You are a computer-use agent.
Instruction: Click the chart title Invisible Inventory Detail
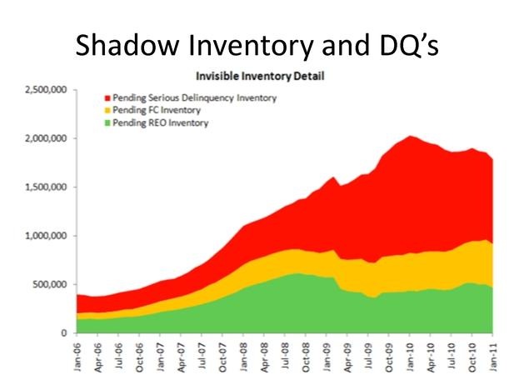(x=260, y=77)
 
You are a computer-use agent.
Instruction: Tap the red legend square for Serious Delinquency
(x=107, y=98)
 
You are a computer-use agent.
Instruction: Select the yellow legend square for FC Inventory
(x=107, y=110)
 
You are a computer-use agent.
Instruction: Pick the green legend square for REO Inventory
(x=107, y=123)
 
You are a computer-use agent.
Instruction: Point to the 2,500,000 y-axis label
(x=46, y=90)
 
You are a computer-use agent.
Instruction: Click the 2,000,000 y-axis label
(x=46, y=138)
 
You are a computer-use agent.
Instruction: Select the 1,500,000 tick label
(x=46, y=187)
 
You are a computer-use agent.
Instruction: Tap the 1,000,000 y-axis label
(x=46, y=236)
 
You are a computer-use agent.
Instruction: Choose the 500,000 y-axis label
(x=50, y=284)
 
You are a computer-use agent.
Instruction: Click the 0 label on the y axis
(x=64, y=333)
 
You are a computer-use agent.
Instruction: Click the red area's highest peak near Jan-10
(x=410, y=136)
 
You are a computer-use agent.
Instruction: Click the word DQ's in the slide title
(x=409, y=46)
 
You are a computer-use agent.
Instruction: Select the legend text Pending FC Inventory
(x=157, y=110)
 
